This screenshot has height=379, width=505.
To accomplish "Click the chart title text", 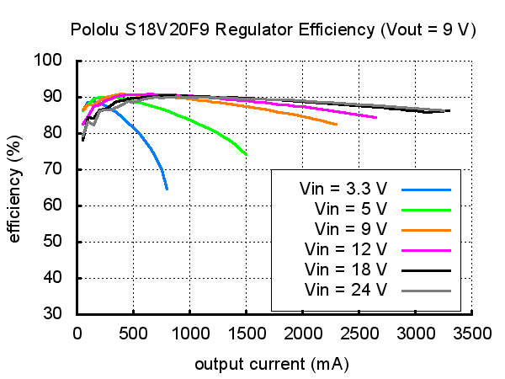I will [273, 29].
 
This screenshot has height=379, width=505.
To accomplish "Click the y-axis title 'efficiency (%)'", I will [14, 187].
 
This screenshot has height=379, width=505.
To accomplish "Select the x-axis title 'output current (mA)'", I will [272, 365].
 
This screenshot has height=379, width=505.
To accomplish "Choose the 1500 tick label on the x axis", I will [246, 333].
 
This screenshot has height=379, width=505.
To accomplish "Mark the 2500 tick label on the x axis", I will [359, 333].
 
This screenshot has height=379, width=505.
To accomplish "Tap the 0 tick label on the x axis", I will [77, 333].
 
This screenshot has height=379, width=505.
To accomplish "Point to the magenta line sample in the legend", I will [428, 249].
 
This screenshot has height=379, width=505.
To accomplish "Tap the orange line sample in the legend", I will [428, 229].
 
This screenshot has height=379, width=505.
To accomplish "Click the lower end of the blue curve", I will [167, 189].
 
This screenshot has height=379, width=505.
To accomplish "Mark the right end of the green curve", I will [246, 155].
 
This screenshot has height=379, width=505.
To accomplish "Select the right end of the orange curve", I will [337, 125].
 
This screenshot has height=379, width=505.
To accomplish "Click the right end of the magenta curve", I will [375, 118].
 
